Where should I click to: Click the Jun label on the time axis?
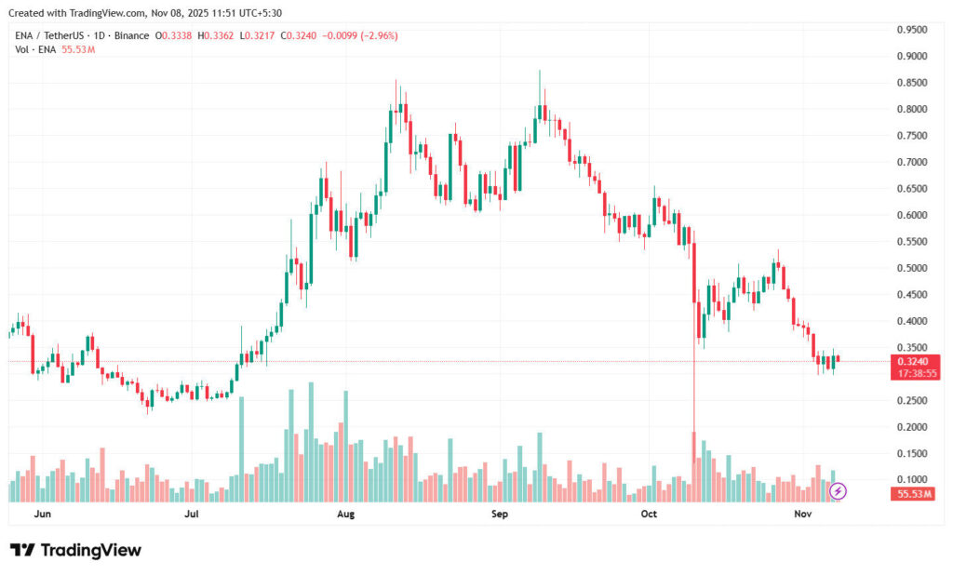41,514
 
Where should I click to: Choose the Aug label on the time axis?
345,514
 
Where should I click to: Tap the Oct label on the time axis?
649,514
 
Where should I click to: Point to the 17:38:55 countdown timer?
917,373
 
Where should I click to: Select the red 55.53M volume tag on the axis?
915,493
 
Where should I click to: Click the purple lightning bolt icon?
838,490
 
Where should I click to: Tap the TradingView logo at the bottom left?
75,550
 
